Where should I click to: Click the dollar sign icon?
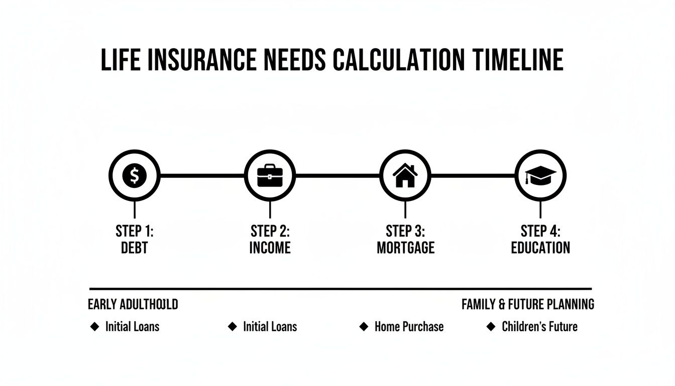pyautogui.click(x=134, y=176)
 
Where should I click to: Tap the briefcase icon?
pyautogui.click(x=270, y=176)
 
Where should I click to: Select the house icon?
pyautogui.click(x=405, y=176)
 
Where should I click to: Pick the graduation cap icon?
pyautogui.click(x=540, y=176)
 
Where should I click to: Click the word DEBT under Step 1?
pyautogui.click(x=134, y=248)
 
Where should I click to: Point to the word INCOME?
pyautogui.click(x=270, y=248)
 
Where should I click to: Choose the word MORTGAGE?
pyautogui.click(x=405, y=248)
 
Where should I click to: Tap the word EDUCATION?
pyautogui.click(x=540, y=248)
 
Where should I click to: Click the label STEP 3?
pyautogui.click(x=405, y=231)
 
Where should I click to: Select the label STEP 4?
pyautogui.click(x=540, y=231)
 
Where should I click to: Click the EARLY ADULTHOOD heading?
pyautogui.click(x=133, y=304)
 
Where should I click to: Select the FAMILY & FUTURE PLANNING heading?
pyautogui.click(x=528, y=304)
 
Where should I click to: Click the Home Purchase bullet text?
pyautogui.click(x=409, y=327)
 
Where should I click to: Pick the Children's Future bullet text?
pyautogui.click(x=539, y=327)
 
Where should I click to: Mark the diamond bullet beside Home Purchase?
pyautogui.click(x=364, y=327)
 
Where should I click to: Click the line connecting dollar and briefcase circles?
pyautogui.click(x=202, y=176)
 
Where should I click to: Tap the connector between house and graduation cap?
pyautogui.click(x=473, y=176)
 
